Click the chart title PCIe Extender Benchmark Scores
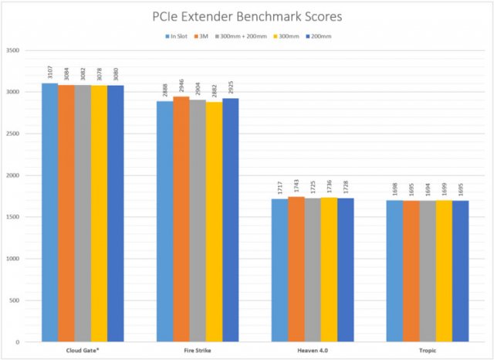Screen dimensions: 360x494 247,16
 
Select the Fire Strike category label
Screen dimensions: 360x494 198,352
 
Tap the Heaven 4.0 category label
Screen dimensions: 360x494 313,352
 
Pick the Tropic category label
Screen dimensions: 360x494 428,352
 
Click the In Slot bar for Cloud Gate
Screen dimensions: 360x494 49,212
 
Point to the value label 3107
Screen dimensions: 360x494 49,73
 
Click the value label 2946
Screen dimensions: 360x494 181,87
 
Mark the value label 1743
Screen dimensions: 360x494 296,187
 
